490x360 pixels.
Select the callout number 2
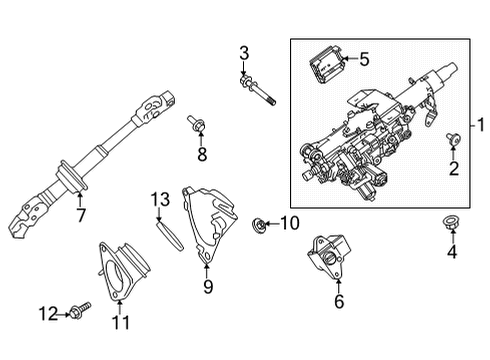pyautogui.click(x=454, y=169)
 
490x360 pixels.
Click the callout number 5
pyautogui.click(x=364, y=59)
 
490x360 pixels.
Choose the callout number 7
pyautogui.click(x=80, y=214)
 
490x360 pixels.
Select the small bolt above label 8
pyautogui.click(x=196, y=125)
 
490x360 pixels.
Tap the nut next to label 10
pyautogui.click(x=260, y=222)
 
